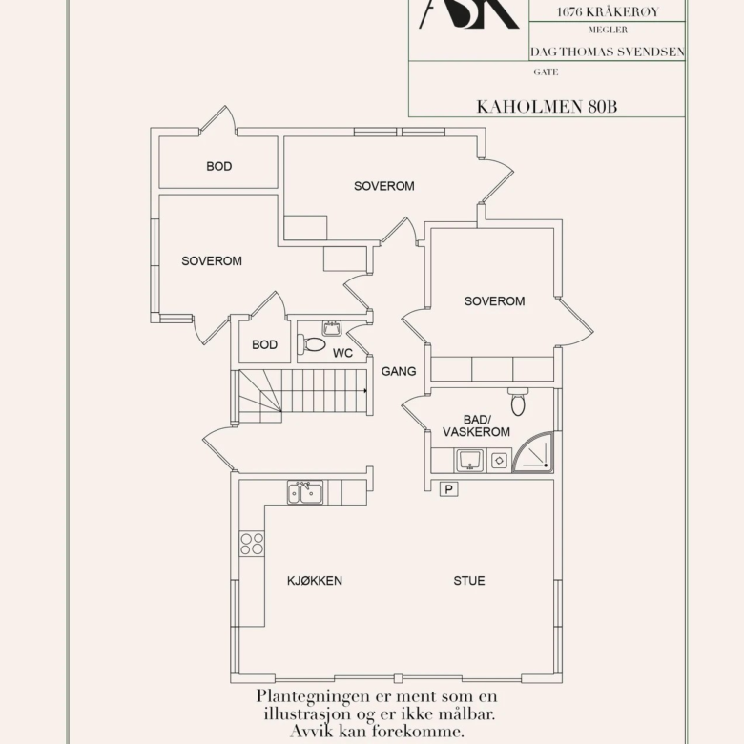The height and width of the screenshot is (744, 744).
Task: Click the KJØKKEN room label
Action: click(315, 580)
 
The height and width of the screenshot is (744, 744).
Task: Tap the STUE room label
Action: click(469, 580)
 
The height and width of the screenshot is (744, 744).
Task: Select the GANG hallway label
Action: click(399, 371)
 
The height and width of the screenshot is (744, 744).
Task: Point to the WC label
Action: click(342, 353)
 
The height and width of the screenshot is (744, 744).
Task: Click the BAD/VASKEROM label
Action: click(476, 425)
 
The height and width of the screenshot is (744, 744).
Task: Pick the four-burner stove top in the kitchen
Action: click(252, 544)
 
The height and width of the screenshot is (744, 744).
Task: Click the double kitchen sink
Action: click(305, 492)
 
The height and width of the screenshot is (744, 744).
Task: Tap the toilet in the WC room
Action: click(311, 344)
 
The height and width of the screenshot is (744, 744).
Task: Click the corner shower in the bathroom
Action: click(533, 452)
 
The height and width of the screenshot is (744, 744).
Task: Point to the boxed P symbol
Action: click(449, 488)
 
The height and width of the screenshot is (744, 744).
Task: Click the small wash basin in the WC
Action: click(332, 328)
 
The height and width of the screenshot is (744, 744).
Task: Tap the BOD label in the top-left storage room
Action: click(219, 166)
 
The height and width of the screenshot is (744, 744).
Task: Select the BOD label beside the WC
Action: click(265, 344)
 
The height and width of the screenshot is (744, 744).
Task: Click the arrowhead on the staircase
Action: click(365, 390)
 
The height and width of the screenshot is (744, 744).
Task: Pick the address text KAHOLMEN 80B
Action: click(547, 107)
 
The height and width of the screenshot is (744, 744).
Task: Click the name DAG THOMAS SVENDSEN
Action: click(608, 52)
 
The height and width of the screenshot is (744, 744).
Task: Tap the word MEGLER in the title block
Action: click(608, 30)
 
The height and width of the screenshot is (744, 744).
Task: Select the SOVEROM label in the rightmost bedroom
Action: click(494, 300)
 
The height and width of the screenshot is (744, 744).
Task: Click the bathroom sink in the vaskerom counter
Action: click(469, 461)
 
